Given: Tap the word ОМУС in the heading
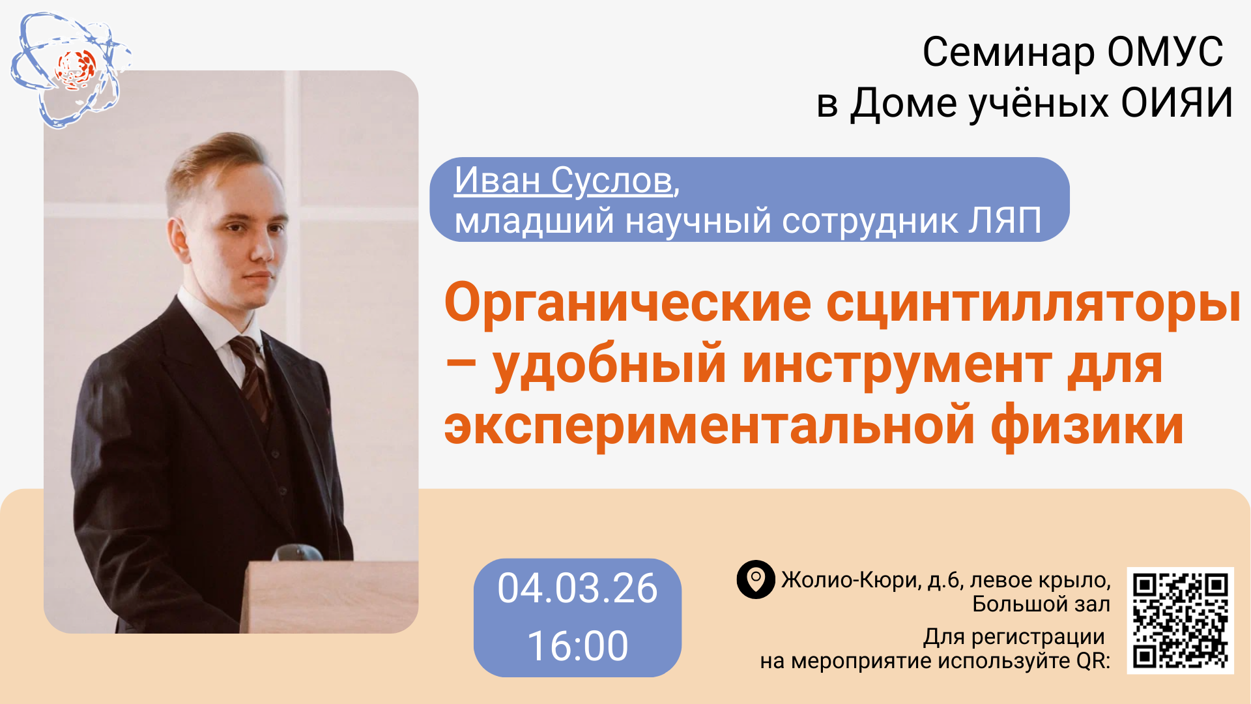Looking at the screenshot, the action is (x=1165, y=52).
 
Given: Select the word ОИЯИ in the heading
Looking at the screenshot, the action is (x=1177, y=103).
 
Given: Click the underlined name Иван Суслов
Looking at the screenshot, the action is (x=564, y=180).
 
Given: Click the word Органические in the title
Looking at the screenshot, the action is (x=627, y=302).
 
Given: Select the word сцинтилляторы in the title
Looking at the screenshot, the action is (x=1033, y=304).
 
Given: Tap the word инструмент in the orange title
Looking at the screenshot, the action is (x=897, y=365).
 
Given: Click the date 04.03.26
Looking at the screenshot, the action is (x=577, y=588).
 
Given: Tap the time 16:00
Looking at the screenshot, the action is (x=577, y=646).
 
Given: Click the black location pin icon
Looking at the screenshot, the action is (x=756, y=579).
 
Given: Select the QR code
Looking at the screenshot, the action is (x=1181, y=621).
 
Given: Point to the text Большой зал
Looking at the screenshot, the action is (x=1041, y=604).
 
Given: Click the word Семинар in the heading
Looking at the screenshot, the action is (x=1009, y=52).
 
